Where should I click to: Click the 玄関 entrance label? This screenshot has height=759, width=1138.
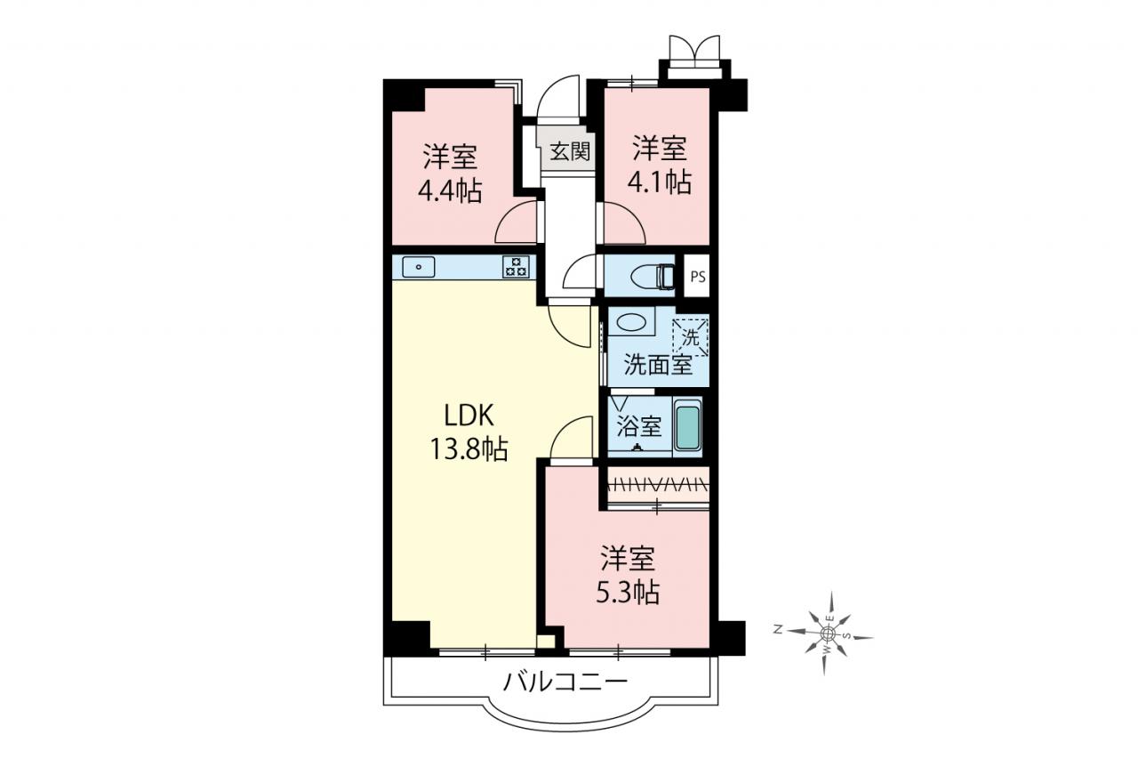(x=571, y=151)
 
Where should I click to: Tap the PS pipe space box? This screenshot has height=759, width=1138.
(x=698, y=277)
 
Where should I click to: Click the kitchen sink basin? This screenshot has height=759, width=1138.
(x=418, y=267)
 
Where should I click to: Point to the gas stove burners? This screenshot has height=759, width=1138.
(x=517, y=267)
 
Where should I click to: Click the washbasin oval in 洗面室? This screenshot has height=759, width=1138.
(x=631, y=323)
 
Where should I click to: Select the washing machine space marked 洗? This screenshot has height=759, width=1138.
(x=691, y=337)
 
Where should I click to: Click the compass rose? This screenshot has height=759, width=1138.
(x=828, y=633)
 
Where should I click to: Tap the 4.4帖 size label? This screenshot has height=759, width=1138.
(x=450, y=191)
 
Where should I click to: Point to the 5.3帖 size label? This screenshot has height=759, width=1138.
(x=628, y=593)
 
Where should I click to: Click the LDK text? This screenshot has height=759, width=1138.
(x=469, y=416)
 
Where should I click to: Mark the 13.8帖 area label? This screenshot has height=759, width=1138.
(x=469, y=448)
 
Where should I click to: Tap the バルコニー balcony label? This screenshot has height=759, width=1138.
(x=565, y=682)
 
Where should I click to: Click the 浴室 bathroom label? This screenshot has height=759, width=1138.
(x=639, y=426)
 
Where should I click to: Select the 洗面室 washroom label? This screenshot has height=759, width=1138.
(x=659, y=365)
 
